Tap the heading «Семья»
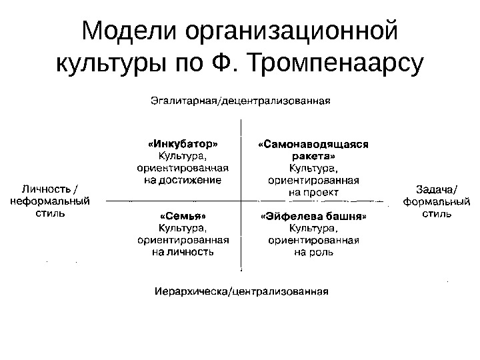tap(182, 217)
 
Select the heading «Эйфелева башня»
tap(313, 217)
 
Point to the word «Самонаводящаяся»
tap(313, 143)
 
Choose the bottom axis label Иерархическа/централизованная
tap(241, 291)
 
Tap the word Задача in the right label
tap(427, 188)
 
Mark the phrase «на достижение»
tap(182, 179)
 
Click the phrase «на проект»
tap(313, 192)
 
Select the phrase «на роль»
tap(313, 253)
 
